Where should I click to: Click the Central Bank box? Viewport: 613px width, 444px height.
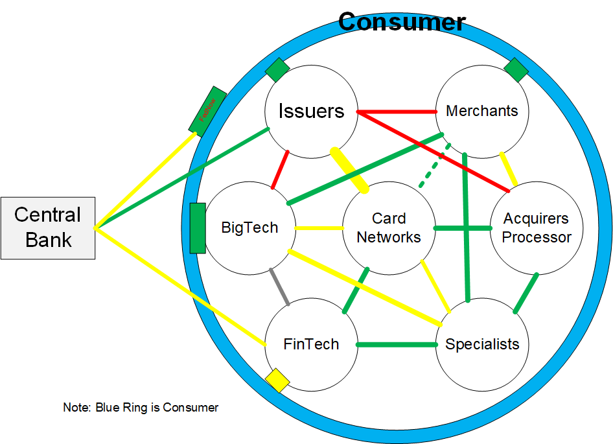coord(48,228)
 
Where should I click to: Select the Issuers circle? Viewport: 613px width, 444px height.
coord(311,111)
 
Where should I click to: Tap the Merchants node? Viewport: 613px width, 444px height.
coord(482,111)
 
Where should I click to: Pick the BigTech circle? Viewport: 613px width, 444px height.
coord(249,228)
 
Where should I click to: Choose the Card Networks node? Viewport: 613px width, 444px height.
coord(389,228)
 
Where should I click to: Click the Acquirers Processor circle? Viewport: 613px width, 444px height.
coord(537,228)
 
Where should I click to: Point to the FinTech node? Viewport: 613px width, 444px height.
coord(311,344)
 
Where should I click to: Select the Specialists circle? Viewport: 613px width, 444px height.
coord(482,344)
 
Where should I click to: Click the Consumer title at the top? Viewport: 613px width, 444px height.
coord(402,22)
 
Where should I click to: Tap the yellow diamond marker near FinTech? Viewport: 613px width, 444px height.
coord(277,380)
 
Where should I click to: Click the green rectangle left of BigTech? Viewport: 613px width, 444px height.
coord(198,228)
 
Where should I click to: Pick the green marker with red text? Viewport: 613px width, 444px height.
coord(207,111)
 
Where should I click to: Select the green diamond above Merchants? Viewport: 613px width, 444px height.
coord(516,70)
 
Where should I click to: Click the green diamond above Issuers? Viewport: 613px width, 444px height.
coord(277,70)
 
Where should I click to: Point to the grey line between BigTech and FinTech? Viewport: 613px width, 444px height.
coord(280,286)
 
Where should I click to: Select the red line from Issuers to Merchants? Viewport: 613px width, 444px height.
coord(397,111)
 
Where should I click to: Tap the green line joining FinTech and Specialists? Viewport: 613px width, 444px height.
coord(397,344)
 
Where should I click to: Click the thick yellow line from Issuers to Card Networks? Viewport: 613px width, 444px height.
coord(350,170)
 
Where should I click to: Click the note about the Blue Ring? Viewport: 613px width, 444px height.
coord(141,408)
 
